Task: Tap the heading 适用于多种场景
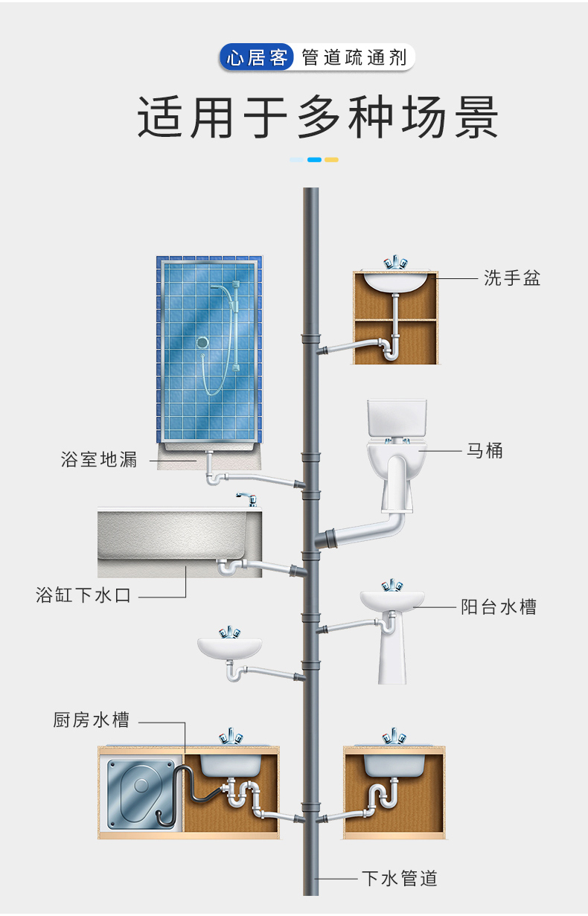point(318,117)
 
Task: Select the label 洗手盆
point(512,278)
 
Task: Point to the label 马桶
point(485,450)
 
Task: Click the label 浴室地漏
point(99,460)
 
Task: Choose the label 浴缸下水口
point(83,595)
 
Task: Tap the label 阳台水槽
point(499,607)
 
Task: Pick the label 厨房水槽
point(92,720)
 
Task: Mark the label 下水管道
point(400,879)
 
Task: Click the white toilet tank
point(397,419)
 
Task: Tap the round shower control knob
point(202,343)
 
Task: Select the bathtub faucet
point(246,498)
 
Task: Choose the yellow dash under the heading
point(332,159)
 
